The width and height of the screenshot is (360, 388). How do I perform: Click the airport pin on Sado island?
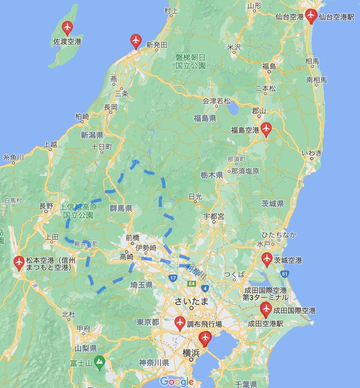point(67,27)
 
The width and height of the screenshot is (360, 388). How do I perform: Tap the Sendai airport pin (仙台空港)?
point(311,15)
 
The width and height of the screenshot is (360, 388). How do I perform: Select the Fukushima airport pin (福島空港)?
point(266,129)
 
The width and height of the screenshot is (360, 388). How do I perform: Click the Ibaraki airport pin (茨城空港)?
point(267,259)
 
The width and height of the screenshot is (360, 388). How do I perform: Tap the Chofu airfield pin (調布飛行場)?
point(179,323)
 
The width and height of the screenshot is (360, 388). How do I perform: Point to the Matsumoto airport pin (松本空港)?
point(19,262)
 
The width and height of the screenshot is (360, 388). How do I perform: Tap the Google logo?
point(177,382)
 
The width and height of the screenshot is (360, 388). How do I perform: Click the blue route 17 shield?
point(173,278)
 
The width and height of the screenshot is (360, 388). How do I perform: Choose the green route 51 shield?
point(284,274)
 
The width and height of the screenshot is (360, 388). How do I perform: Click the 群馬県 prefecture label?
point(121,208)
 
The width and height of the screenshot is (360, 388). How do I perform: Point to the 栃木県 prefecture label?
point(212,175)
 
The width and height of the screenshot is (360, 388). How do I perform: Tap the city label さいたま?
point(192,302)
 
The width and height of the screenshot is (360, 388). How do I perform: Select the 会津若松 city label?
point(217,101)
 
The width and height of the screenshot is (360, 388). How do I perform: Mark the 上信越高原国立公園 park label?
point(78,211)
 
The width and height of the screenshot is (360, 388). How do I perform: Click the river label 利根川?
point(195,272)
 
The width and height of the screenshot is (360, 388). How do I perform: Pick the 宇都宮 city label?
point(214,217)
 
